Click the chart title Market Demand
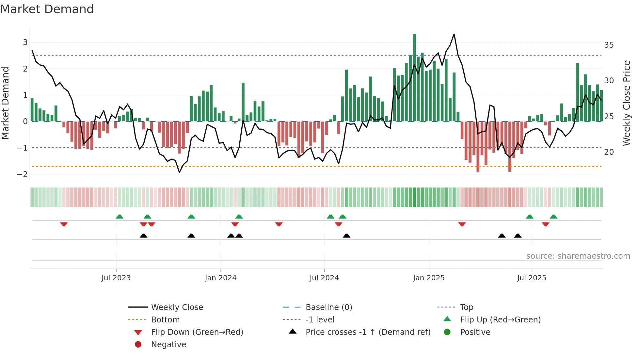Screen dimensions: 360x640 pos(47,9)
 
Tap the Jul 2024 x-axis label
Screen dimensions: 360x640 pos(324,278)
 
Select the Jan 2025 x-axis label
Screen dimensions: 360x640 pos(428,278)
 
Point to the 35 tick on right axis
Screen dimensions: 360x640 pos(609,45)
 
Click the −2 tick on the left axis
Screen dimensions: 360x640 pos(22,174)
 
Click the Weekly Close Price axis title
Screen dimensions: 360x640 pos(626,103)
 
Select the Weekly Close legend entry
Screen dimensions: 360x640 pos(177,307)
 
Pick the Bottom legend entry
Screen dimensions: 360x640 pos(165,320)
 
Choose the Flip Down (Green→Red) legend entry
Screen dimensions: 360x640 pos(197,332)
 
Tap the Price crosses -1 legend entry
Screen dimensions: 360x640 pos(368,332)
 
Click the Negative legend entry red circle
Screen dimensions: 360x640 pos(138,345)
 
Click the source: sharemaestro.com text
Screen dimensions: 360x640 pos(578,256)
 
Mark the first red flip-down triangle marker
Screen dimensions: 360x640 pos(64,224)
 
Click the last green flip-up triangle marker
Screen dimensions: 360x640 pos(553,217)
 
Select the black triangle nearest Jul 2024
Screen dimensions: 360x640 pos(346,236)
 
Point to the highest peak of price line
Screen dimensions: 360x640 pos(454,34)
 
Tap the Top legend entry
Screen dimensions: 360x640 pos(466,307)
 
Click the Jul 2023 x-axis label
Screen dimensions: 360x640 pos(116,278)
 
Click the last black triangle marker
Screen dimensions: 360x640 pos(518,236)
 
